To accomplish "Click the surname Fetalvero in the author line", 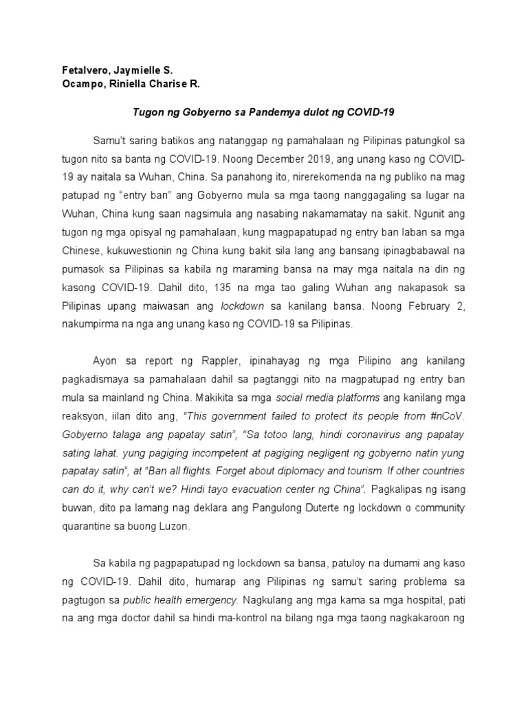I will point(77,70).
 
